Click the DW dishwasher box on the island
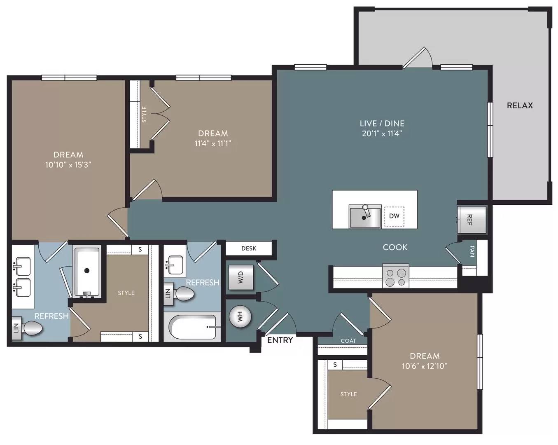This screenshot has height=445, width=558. (x=394, y=216)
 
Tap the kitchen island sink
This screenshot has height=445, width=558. (x=365, y=216)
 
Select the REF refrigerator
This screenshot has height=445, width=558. (x=472, y=220)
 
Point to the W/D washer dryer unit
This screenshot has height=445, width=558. (x=240, y=277)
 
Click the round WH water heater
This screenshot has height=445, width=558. (x=240, y=316)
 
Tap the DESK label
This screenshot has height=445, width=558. (x=249, y=248)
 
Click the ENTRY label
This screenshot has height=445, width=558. (x=280, y=340)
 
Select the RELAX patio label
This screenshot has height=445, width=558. (x=520, y=105)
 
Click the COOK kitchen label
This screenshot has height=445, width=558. (x=395, y=247)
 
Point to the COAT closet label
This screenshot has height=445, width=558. (x=348, y=341)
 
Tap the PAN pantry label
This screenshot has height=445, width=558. (x=472, y=251)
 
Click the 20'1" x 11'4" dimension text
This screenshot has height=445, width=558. (x=382, y=133)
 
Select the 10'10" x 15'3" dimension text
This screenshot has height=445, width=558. (x=68, y=165)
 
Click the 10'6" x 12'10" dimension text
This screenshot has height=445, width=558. (x=425, y=366)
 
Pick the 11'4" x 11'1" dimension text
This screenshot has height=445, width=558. (x=212, y=143)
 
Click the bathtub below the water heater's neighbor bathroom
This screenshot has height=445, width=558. (x=192, y=327)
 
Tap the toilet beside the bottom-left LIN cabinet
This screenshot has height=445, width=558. (x=33, y=328)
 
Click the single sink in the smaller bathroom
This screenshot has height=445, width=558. (x=175, y=265)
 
